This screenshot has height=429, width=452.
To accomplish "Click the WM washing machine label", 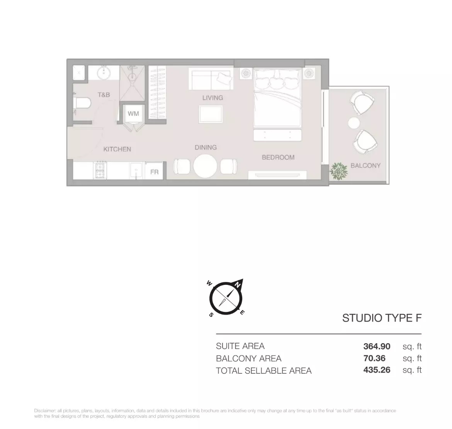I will (x=133, y=114).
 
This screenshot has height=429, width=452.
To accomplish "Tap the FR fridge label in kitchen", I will (x=154, y=172).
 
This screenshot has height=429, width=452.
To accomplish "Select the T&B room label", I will (x=104, y=95).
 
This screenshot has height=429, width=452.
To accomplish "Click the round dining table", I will (x=205, y=166).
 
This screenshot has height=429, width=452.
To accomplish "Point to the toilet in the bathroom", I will (x=82, y=104).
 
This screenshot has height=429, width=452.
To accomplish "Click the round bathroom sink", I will (x=103, y=73).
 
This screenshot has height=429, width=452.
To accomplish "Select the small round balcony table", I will (x=353, y=123).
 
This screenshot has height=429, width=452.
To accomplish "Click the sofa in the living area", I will (x=211, y=79).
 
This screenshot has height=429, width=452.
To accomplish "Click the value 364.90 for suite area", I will (x=377, y=346).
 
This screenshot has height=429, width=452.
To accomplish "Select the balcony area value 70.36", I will (x=374, y=358).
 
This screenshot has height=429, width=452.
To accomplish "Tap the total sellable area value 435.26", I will (x=377, y=370).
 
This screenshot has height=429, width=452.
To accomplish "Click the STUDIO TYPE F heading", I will (x=382, y=318).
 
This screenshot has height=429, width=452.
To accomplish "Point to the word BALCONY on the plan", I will (x=365, y=165).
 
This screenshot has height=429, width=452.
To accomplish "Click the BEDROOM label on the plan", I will (x=278, y=157).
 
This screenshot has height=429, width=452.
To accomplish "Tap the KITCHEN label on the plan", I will (x=117, y=149).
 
